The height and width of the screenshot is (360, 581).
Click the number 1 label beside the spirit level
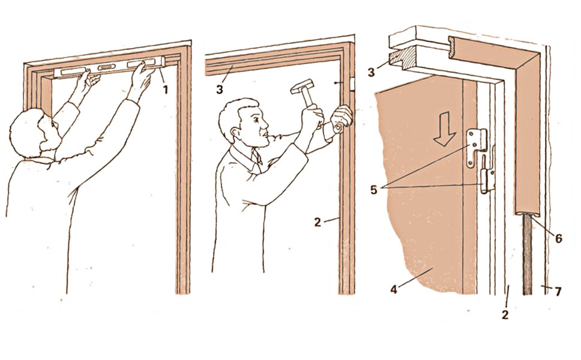coord(166,89)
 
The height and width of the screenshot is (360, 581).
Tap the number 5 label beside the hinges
coord(373,190)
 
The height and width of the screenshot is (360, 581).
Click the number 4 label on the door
coord(394,289)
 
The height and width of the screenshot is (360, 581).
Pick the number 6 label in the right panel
coord(558,239)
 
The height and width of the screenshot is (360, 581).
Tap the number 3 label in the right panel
coord(372,72)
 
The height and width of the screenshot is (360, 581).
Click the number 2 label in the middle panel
coord(317,222)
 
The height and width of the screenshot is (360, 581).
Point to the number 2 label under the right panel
coord(505,315)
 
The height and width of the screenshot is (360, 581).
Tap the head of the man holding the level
coord(34,133)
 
